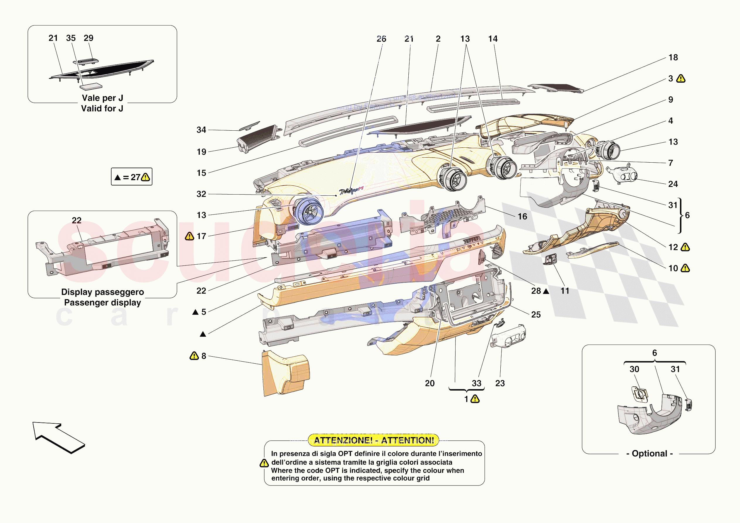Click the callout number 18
(673, 57)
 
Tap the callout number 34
(201, 130)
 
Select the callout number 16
(522, 216)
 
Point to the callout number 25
(536, 314)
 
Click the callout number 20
(430, 383)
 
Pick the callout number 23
(500, 383)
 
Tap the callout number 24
(673, 184)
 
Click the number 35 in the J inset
(71, 38)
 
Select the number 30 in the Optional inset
(634, 369)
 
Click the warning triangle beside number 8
(194, 356)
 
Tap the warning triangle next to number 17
(190, 236)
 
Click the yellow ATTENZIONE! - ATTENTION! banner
(374, 440)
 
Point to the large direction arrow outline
(58, 437)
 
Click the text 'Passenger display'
(103, 302)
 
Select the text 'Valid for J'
(102, 108)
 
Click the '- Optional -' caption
(649, 453)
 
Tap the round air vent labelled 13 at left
(308, 211)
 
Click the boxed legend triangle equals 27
(132, 177)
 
